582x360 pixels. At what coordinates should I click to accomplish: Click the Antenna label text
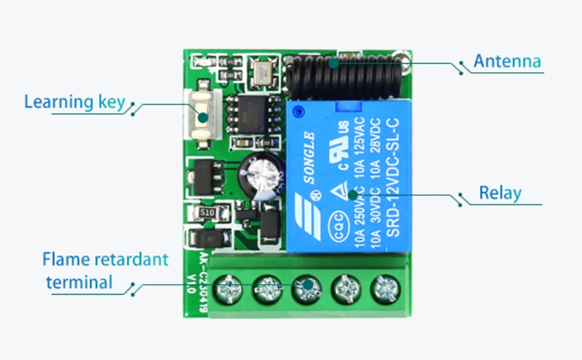pyautogui.click(x=507, y=61)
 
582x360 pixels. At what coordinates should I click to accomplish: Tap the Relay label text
pyautogui.click(x=500, y=193)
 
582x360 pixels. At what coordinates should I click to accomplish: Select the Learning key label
pyautogui.click(x=75, y=102)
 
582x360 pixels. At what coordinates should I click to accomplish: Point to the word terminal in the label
pyautogui.click(x=79, y=282)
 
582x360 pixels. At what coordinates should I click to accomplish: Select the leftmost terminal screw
pyautogui.click(x=229, y=290)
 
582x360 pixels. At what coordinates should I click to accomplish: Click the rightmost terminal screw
pyautogui.click(x=383, y=290)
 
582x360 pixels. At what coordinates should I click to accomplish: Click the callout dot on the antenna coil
pyautogui.click(x=333, y=62)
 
